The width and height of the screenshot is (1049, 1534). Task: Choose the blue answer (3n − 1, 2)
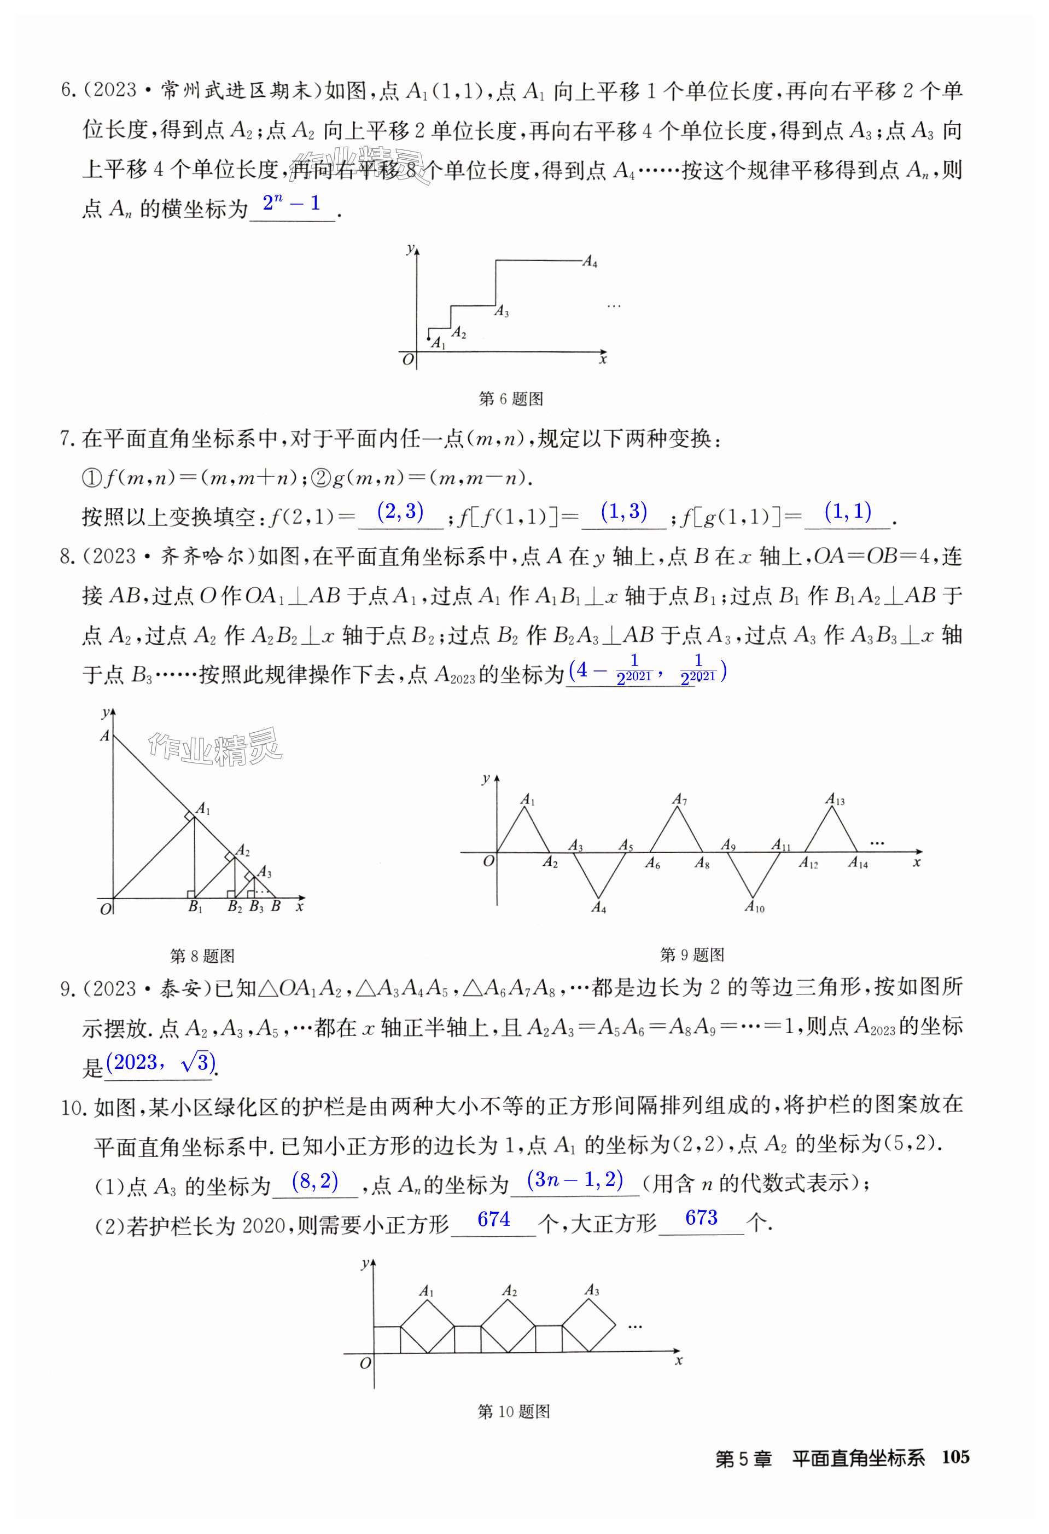pos(575,1179)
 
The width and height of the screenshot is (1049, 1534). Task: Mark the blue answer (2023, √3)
pos(160,1063)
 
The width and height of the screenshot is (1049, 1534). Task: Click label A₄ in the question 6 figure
pos(590,262)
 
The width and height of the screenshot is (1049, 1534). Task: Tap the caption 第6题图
pos(510,398)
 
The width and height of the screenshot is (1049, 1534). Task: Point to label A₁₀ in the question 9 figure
pos(754,907)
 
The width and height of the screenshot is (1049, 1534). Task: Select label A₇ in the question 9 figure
pos(679,800)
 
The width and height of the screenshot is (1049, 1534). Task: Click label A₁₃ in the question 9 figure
pos(835,800)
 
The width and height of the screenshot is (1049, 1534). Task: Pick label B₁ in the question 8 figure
pos(195,907)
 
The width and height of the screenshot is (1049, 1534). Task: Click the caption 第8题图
pos(202,955)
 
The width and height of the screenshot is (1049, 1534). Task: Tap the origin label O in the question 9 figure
pos(488,861)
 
